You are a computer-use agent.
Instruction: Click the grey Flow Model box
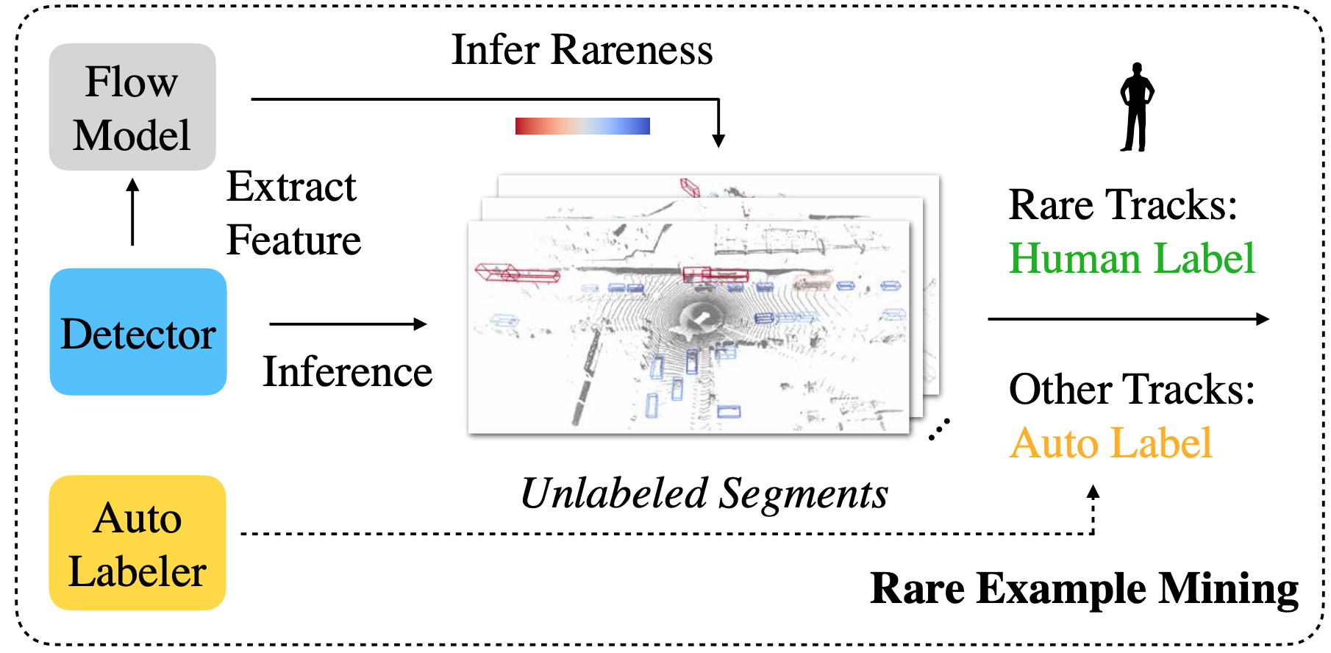(x=132, y=107)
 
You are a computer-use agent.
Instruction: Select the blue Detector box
(x=138, y=332)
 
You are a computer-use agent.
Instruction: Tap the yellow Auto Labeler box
(x=138, y=543)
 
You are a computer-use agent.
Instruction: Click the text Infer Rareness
(x=582, y=50)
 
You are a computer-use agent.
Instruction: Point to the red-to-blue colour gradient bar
(x=582, y=126)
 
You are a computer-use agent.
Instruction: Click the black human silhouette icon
(x=1137, y=107)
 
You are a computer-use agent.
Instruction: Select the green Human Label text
(x=1132, y=259)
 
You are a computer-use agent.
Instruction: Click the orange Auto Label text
(x=1110, y=443)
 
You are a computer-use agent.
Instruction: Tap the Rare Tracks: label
(x=1123, y=204)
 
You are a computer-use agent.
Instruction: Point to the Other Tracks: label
(x=1132, y=389)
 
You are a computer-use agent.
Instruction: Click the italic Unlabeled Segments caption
(x=704, y=493)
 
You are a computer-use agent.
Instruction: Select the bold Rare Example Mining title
(x=1084, y=589)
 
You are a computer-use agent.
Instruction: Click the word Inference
(x=348, y=372)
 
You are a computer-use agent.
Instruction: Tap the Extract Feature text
(x=293, y=213)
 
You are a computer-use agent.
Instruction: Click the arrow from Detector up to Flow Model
(x=132, y=212)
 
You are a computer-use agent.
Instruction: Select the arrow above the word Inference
(x=348, y=324)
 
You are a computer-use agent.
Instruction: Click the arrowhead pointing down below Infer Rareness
(x=718, y=140)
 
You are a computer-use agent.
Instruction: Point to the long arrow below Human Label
(x=1128, y=319)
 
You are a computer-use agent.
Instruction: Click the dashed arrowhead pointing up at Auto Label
(x=1093, y=492)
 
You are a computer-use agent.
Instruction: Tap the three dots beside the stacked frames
(x=939, y=429)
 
